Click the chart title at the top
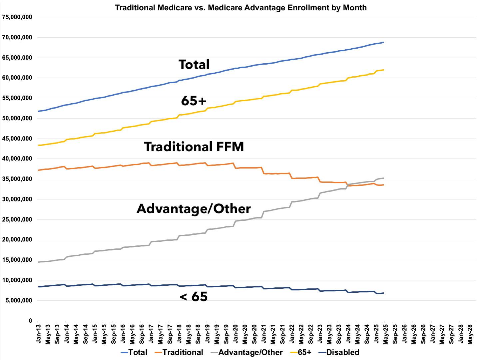pos(240,7)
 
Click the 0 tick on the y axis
pos(30,321)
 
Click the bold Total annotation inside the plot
pos(194,64)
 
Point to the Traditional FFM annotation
pos(194,147)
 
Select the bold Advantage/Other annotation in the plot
pos(194,209)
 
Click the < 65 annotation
pos(194,296)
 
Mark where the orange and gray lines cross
pos(347,184)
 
